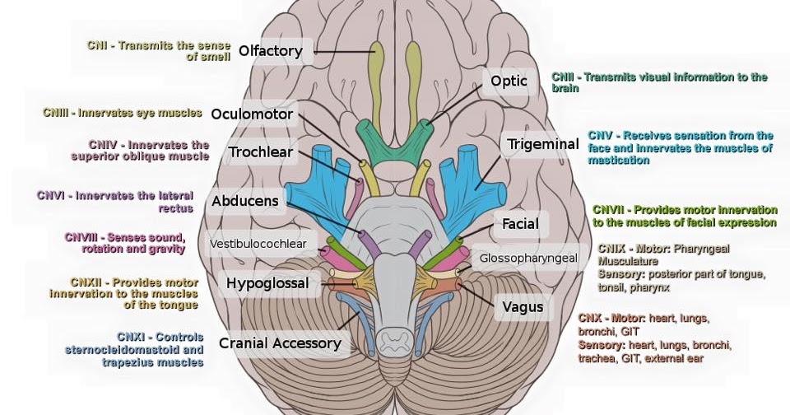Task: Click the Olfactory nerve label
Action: click(271, 52)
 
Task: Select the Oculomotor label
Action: click(251, 114)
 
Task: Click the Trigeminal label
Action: click(542, 144)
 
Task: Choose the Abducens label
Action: click(245, 201)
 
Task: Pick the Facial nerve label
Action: click(520, 223)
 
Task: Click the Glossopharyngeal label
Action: click(529, 258)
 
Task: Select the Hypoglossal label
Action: click(267, 284)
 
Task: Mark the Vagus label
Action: click(523, 307)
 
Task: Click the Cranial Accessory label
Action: click(280, 343)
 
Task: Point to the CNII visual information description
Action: click(658, 82)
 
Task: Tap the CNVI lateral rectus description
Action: click(115, 202)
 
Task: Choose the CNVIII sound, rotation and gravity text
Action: click(124, 243)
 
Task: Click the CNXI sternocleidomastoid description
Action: click(133, 349)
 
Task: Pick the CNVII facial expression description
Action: click(684, 216)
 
